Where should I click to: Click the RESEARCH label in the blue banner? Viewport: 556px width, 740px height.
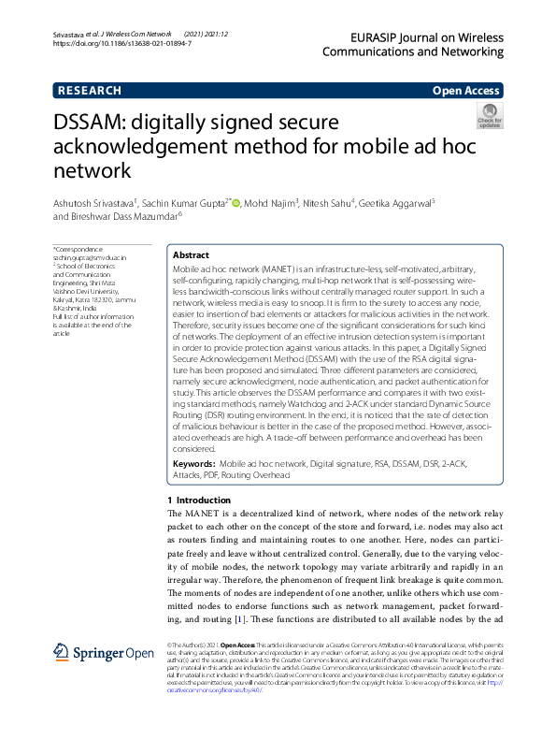click(x=90, y=91)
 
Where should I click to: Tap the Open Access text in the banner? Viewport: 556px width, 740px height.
click(x=465, y=91)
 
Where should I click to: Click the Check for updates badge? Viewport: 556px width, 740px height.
click(x=490, y=117)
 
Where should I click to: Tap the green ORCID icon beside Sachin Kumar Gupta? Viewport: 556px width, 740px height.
click(x=236, y=202)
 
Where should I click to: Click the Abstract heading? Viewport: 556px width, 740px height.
click(x=192, y=254)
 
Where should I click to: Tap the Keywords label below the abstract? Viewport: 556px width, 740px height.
click(x=194, y=464)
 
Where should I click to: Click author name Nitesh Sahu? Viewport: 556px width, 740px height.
click(x=337, y=202)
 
